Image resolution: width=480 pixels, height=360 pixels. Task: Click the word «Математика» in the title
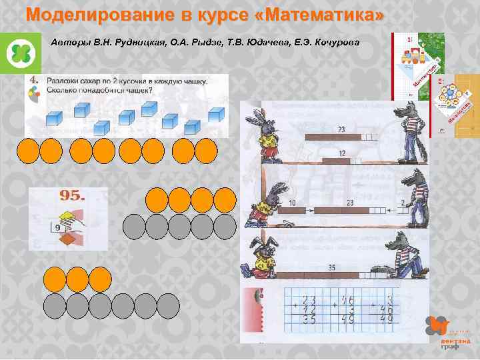pyautogui.click(x=316, y=14)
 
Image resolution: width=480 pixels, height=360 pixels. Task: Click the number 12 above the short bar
pyautogui.click(x=341, y=154)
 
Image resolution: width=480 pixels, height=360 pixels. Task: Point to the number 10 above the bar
pyautogui.click(x=292, y=203)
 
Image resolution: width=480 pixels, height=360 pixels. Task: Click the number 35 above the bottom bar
pyautogui.click(x=331, y=267)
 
